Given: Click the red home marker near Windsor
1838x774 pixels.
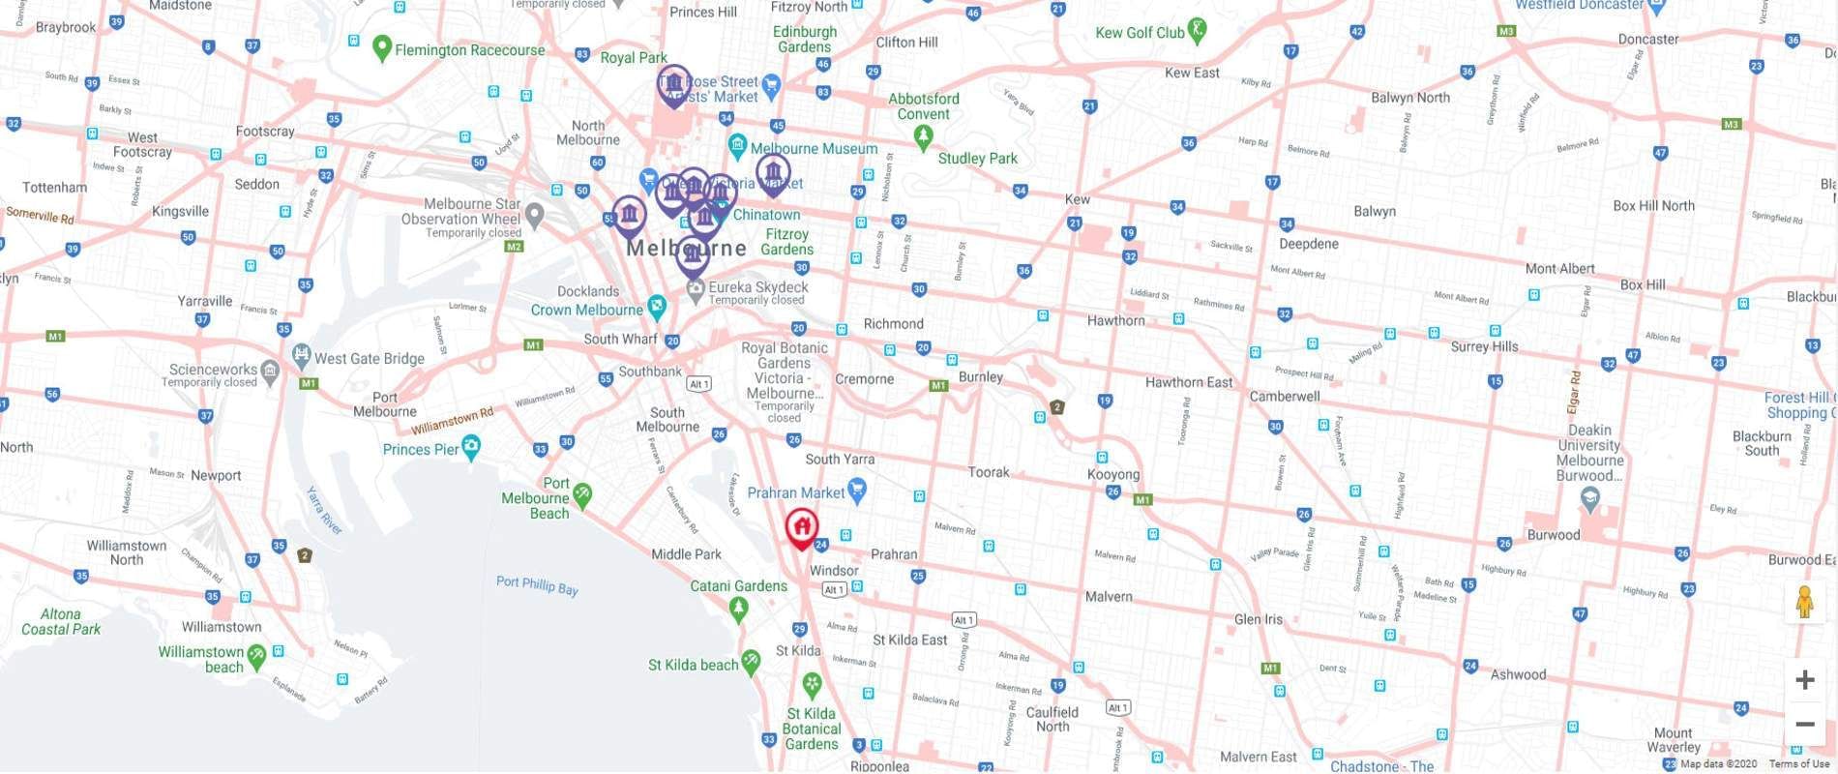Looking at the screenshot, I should [x=801, y=527].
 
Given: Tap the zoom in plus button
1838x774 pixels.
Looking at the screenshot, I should [x=1804, y=680].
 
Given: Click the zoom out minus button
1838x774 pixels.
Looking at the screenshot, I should [x=1804, y=724].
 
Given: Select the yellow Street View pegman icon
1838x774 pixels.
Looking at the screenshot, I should [x=1804, y=602].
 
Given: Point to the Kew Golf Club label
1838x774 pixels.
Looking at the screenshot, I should [x=1140, y=33].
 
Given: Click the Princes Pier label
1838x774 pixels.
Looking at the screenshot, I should [x=421, y=449].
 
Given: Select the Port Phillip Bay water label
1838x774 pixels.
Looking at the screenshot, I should [x=537, y=584].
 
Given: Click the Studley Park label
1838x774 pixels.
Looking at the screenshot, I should [x=977, y=159].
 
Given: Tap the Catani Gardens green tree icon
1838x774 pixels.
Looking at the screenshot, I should [x=739, y=609].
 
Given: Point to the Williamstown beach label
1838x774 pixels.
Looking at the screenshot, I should [x=201, y=659].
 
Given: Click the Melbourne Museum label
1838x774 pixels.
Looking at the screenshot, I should [x=814, y=149].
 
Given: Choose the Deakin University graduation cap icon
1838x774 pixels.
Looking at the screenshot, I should [x=1589, y=499].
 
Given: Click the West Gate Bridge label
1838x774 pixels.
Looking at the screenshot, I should [x=370, y=358].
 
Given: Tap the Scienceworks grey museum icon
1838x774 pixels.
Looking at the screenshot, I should [x=270, y=370].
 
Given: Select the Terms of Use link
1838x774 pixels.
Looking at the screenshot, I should [x=1798, y=764].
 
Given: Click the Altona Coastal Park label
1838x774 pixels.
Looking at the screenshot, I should [x=61, y=621].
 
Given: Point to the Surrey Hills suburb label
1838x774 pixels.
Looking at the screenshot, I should [x=1484, y=346].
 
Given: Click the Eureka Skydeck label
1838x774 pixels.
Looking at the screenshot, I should [x=757, y=287].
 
